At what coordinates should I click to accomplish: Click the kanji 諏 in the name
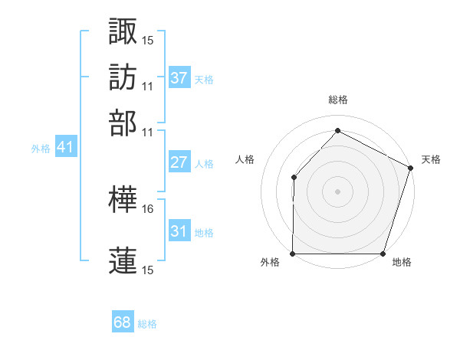[123, 31]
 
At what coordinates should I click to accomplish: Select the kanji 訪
[123, 77]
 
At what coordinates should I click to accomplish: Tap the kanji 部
[123, 123]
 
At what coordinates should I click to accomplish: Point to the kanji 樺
[123, 201]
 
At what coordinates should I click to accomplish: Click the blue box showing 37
[179, 78]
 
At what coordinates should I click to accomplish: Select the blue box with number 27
[179, 162]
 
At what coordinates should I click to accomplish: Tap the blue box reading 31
[179, 231]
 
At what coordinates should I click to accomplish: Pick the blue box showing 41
[65, 147]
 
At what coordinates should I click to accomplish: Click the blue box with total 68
[123, 323]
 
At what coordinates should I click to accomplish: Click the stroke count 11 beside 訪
[148, 86]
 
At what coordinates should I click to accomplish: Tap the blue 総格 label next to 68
[147, 324]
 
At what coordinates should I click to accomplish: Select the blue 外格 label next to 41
[41, 149]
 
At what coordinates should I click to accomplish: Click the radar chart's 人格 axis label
[245, 159]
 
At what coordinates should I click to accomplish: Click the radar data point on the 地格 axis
[383, 254]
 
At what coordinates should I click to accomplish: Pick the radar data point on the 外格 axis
[293, 254]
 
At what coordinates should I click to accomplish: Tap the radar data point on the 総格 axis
[337, 131]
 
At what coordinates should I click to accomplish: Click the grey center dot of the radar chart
[337, 191]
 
